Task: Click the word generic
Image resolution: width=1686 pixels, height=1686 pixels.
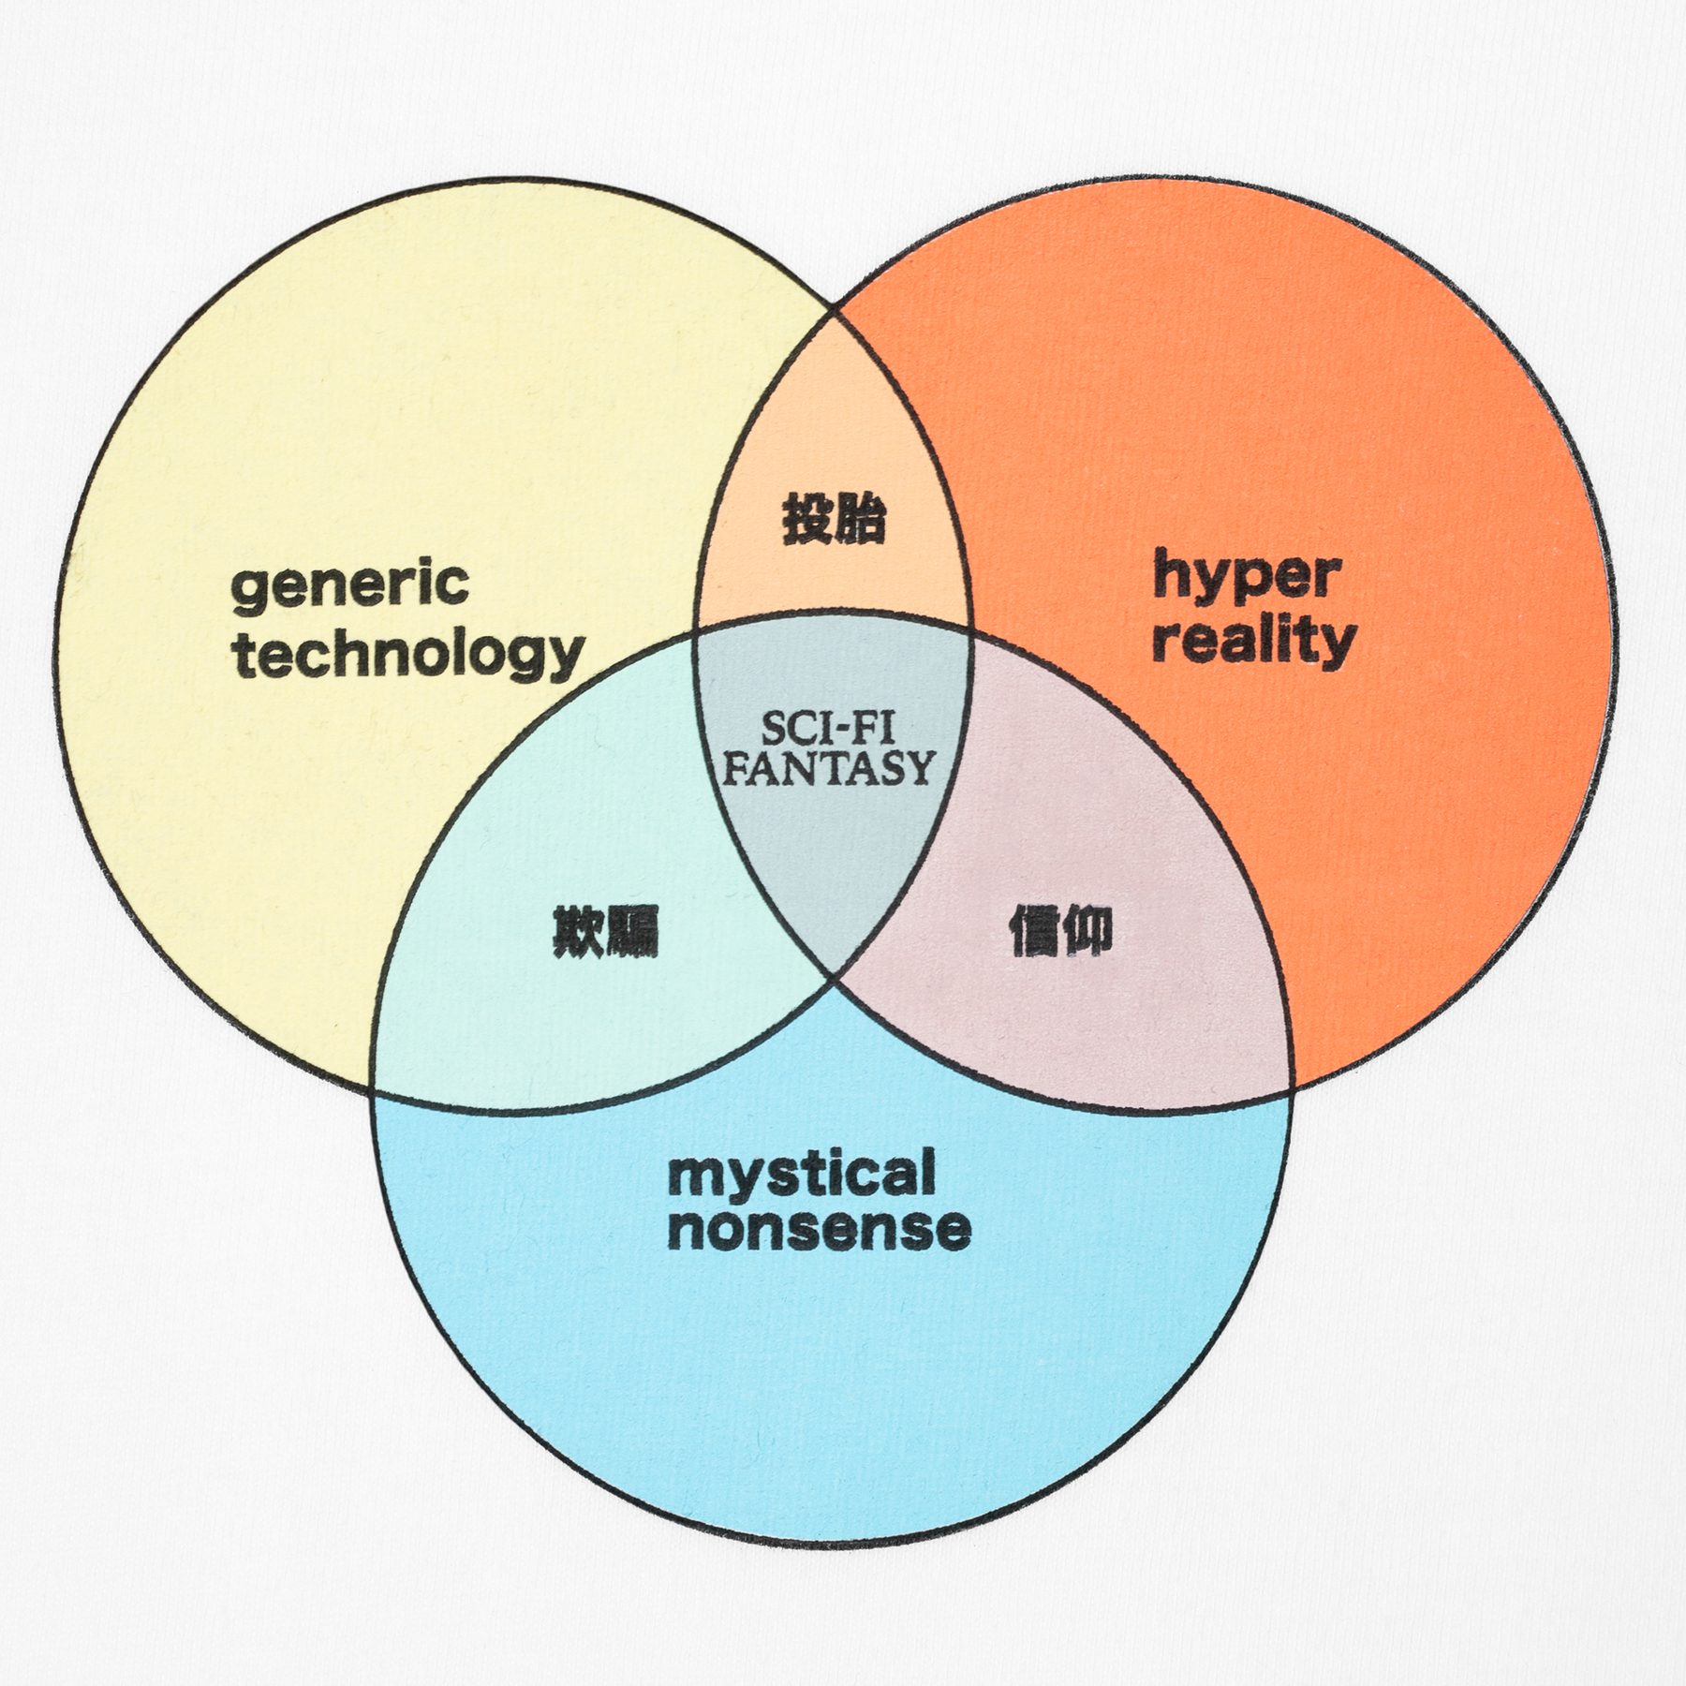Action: coord(349,585)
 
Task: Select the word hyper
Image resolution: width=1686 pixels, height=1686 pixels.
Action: coord(1246,576)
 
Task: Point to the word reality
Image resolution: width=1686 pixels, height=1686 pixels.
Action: coord(1253,642)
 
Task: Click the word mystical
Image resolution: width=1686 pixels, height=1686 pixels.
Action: coord(802,1176)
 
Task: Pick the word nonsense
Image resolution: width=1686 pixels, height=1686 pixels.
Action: coord(819,1229)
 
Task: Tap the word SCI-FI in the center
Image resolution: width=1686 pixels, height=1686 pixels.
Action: coord(827,730)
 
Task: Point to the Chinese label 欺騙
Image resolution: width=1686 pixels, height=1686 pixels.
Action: coord(606,931)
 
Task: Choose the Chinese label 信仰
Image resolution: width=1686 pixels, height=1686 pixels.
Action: coord(1060,931)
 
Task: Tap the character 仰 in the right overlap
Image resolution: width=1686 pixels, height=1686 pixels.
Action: coord(1087,931)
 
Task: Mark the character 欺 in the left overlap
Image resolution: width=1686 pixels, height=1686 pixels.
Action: coord(579,931)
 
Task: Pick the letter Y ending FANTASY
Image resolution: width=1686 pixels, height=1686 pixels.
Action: coord(920,769)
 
